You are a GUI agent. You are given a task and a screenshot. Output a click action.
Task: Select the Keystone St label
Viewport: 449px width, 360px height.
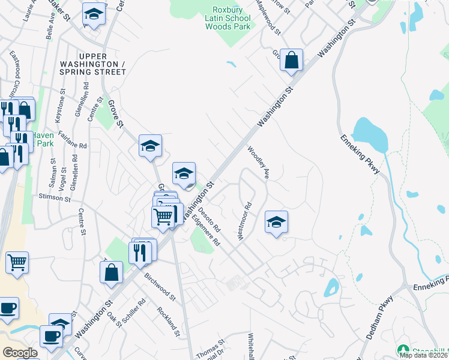(61, 104)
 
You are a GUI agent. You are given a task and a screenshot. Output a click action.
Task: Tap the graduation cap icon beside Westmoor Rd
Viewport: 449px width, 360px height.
(276, 222)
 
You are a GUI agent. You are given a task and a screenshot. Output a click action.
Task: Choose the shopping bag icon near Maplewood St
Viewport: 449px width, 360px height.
(291, 60)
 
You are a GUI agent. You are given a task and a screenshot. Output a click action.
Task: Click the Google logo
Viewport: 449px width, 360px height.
(20, 353)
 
